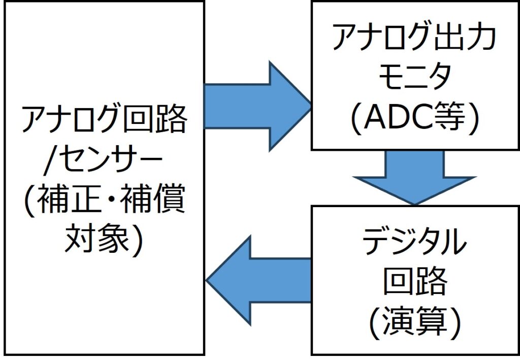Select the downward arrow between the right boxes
coord(414,175)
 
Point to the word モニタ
coord(413,79)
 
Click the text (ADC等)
coord(413,120)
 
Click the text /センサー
coord(104,161)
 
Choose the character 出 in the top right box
coord(449,38)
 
